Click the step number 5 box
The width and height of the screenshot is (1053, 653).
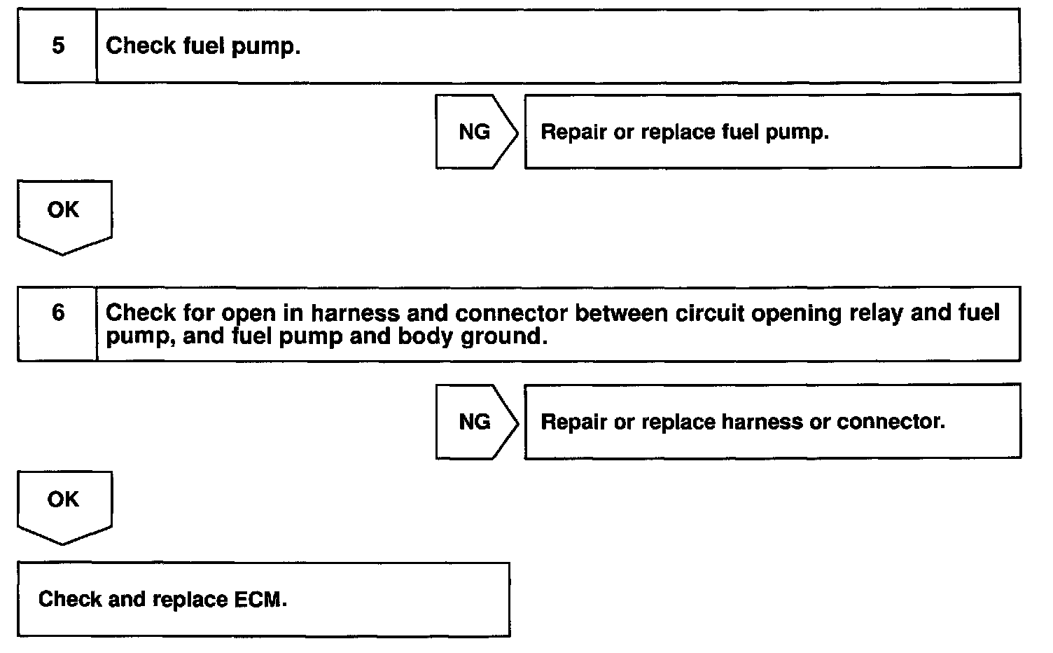tap(57, 46)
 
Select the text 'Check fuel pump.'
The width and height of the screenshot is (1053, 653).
tap(203, 46)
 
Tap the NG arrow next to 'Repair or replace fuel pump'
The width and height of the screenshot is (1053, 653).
tap(475, 132)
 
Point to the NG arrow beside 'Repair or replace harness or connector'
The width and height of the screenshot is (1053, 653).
tap(475, 422)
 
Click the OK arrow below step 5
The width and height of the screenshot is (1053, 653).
tap(64, 214)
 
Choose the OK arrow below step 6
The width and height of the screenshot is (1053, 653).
tap(64, 503)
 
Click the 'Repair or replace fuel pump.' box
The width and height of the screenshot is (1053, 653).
tap(772, 132)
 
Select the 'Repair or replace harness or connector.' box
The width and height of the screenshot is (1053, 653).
tap(772, 422)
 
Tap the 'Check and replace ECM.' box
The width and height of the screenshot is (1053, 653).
tap(263, 599)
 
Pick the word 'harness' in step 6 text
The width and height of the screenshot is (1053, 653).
tap(341, 313)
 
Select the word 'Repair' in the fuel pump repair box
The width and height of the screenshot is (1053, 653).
tap(573, 132)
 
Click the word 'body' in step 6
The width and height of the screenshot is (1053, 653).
tap(426, 337)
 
